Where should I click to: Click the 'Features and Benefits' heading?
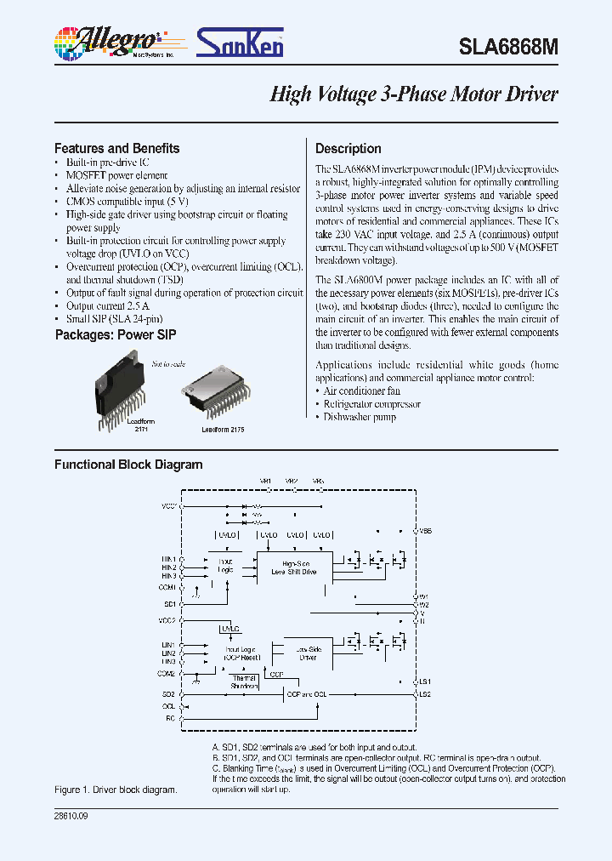tap(116, 148)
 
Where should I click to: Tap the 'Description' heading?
tap(348, 148)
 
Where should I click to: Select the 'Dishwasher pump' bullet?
tap(360, 417)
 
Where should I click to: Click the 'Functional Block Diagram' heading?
tap(128, 465)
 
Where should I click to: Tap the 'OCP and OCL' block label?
tap(306, 694)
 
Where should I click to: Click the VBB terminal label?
tap(425, 530)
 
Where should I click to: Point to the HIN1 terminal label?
tap(168, 559)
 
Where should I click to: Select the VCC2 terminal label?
tap(167, 620)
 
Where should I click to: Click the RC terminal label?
tap(170, 718)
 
